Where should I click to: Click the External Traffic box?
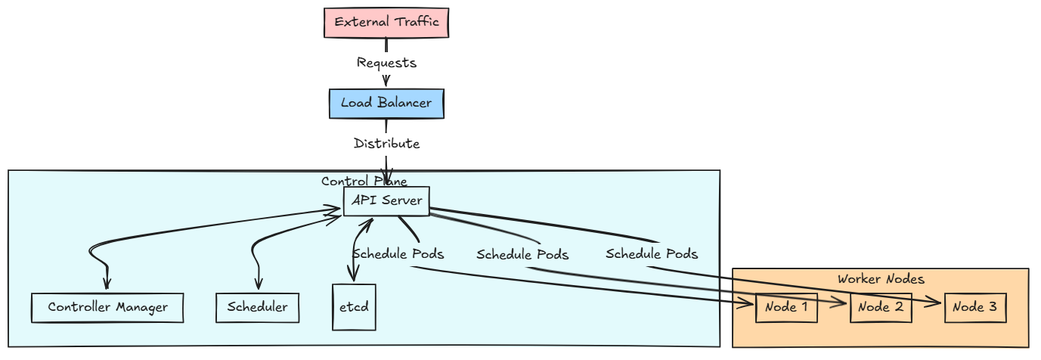coord(386,22)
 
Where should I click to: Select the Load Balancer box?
coord(386,104)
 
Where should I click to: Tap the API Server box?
coord(386,201)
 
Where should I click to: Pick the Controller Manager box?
coord(107,308)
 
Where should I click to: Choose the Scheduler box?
coord(257,308)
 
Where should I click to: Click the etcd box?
coord(354,307)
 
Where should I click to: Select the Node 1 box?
coord(786,308)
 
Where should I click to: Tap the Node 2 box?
coord(881,308)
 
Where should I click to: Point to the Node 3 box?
coord(975,308)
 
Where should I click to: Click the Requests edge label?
coord(386,63)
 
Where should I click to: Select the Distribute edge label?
coord(386,144)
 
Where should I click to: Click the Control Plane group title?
coord(364,182)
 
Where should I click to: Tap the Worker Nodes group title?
coord(881,279)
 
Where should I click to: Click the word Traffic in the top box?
coord(415,22)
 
